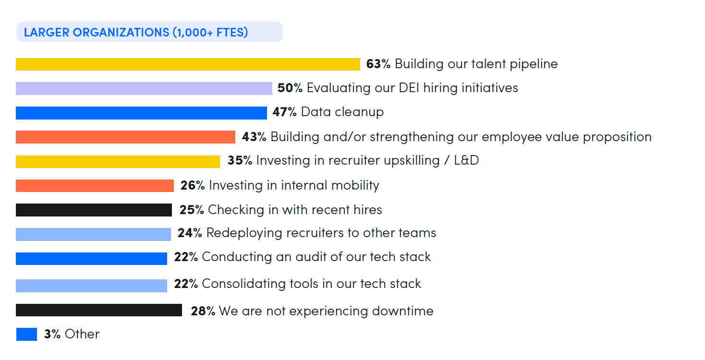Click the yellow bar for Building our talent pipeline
click(x=188, y=64)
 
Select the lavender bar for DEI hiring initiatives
click(x=144, y=88)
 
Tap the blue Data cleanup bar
click(x=141, y=113)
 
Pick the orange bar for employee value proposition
click(x=125, y=137)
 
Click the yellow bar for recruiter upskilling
click(x=118, y=161)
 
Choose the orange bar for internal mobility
click(x=95, y=186)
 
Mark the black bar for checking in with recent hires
click(x=94, y=210)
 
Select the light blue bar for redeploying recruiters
click(x=93, y=234)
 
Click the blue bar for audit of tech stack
click(x=91, y=258)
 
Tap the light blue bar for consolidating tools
click(x=91, y=286)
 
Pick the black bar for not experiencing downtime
click(x=99, y=310)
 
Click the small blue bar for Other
click(x=26, y=334)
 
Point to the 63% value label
click(x=378, y=64)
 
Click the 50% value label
click(x=290, y=88)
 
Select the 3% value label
click(x=52, y=334)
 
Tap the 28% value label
click(x=203, y=311)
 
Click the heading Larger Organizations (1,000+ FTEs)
click(x=136, y=33)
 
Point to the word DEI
click(x=411, y=88)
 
